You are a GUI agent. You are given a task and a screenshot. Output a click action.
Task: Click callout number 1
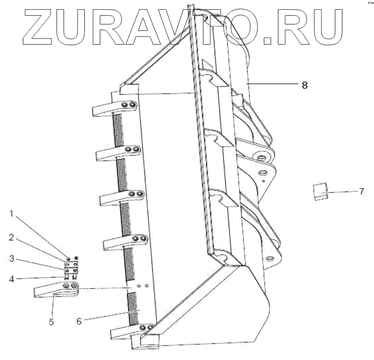(x=12, y=213)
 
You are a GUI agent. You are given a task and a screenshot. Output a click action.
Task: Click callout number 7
(x=361, y=191)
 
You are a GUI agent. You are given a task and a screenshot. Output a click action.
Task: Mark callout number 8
(x=304, y=84)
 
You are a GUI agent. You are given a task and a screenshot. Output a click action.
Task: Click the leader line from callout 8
(x=273, y=84)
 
